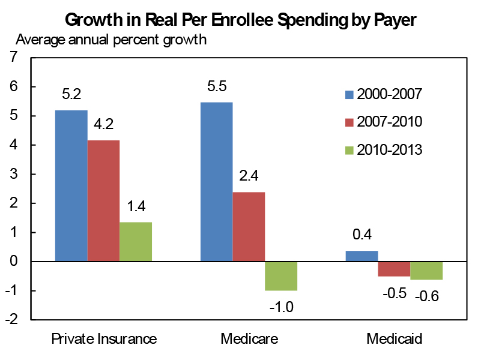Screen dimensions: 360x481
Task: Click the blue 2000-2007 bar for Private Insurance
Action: click(x=71, y=186)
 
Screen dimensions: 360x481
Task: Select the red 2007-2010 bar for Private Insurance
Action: click(x=103, y=201)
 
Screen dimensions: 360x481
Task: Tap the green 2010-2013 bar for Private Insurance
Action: click(x=136, y=242)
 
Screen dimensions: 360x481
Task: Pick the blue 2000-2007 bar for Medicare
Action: click(x=216, y=182)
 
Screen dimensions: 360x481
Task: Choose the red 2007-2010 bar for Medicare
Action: click(x=249, y=227)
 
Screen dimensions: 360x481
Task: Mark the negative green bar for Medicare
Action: click(x=281, y=276)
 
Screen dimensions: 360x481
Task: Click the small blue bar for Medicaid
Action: click(x=362, y=256)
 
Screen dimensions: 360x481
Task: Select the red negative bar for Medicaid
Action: click(x=394, y=269)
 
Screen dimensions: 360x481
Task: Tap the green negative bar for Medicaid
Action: click(x=427, y=271)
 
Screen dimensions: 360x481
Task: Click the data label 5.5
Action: click(x=217, y=86)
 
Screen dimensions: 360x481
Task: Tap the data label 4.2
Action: click(x=104, y=125)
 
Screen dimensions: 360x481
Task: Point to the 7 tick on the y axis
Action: click(x=14, y=58)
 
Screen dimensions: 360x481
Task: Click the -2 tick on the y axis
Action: click(x=12, y=320)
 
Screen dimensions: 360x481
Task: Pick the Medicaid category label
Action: click(x=394, y=340)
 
